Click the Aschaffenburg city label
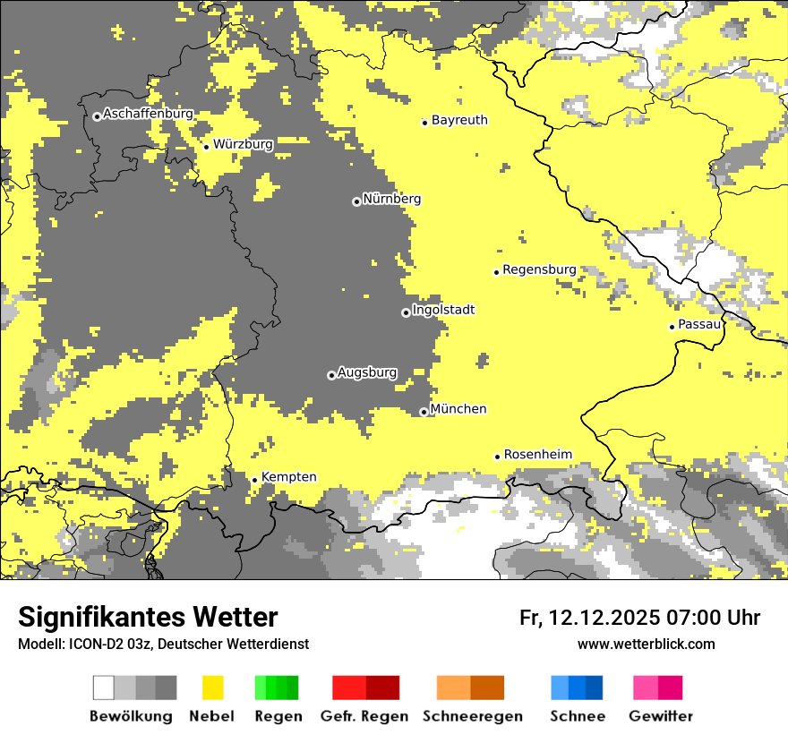coord(148,115)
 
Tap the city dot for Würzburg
coord(206,147)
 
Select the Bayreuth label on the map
coord(459,120)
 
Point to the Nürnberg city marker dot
coord(356,201)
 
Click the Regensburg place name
coord(539,269)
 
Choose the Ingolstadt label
coord(443,310)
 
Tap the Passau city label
coord(699,324)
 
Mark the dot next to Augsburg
coord(331,375)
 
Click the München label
coord(458,409)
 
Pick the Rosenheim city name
coord(537,455)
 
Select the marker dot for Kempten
coord(254,480)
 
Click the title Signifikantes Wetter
coord(148,618)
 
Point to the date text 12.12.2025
coord(604,618)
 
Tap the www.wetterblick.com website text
coord(646,645)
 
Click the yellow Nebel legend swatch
coord(212,687)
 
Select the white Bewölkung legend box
coord(104,687)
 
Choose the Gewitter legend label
coord(660,717)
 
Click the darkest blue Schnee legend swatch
coord(594,687)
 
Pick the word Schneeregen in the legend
coord(473,717)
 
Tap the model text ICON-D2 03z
coord(99,645)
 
